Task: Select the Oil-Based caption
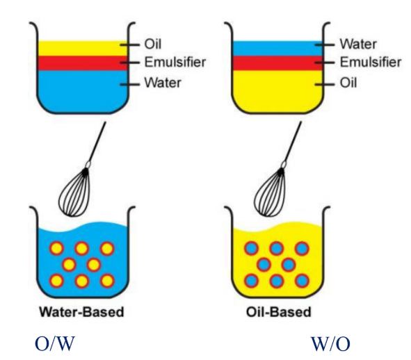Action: pyautogui.click(x=277, y=312)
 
